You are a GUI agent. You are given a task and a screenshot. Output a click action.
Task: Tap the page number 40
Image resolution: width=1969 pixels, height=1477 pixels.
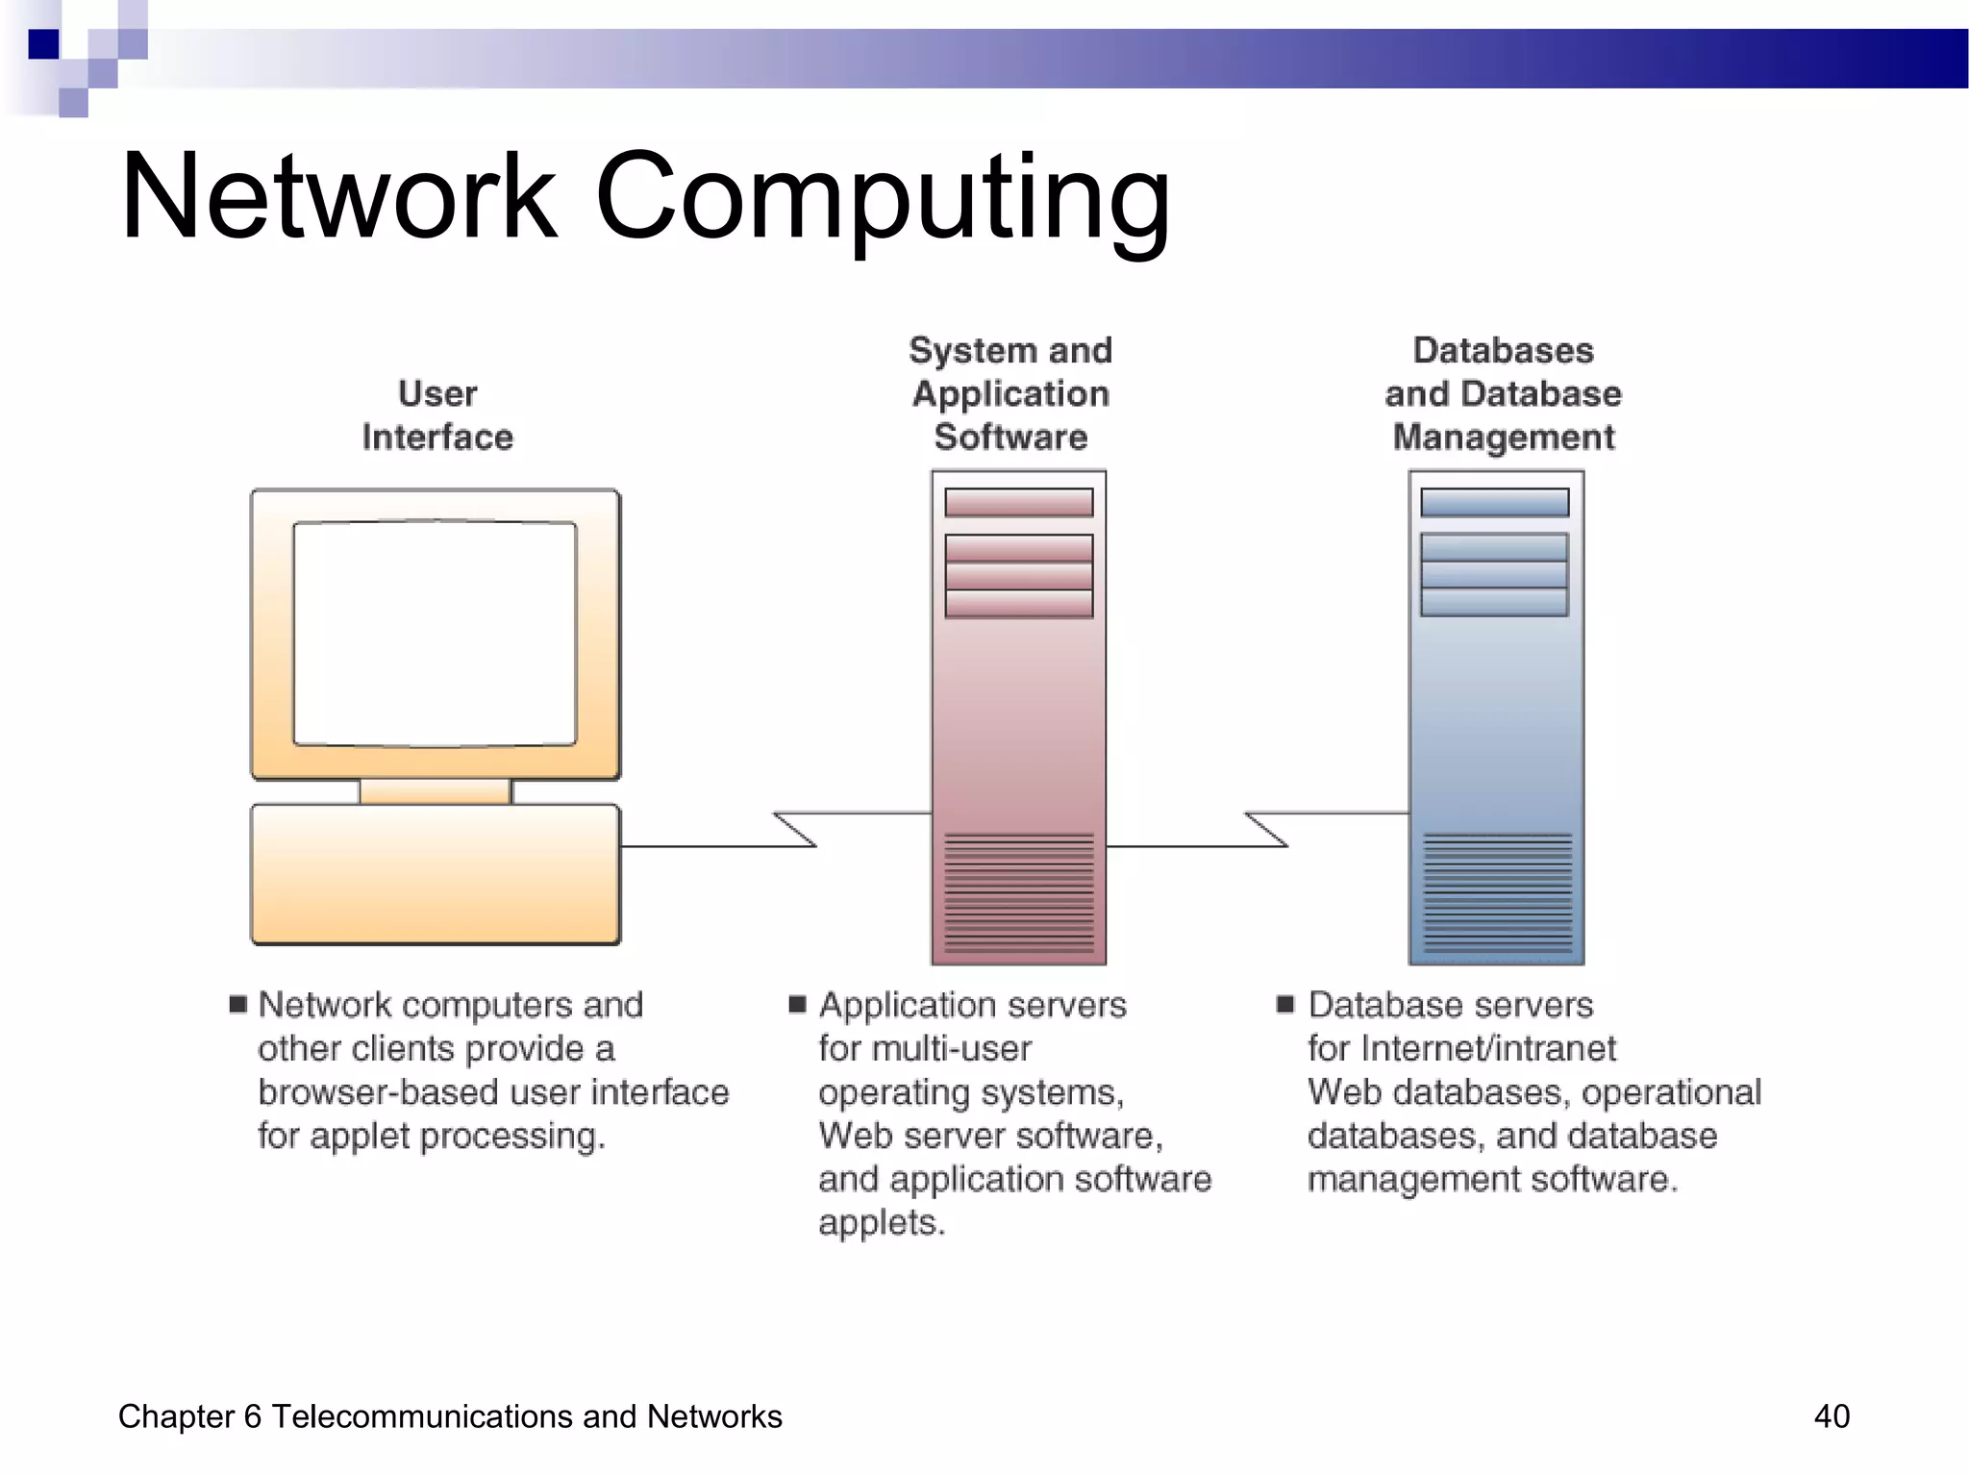tap(1831, 1416)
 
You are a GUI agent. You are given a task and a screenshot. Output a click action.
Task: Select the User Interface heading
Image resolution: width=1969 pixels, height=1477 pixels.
tap(437, 415)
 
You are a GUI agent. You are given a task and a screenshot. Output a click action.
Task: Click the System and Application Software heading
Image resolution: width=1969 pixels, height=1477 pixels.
tap(1010, 393)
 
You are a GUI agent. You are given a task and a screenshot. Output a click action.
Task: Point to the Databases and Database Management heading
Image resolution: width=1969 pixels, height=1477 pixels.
tap(1503, 393)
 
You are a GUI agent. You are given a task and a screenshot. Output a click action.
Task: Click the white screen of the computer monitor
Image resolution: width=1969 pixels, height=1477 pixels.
tap(435, 633)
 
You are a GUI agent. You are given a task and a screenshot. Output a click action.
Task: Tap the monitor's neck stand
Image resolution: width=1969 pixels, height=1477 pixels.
tap(435, 791)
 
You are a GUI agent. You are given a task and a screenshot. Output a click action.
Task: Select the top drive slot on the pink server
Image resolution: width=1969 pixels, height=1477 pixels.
tap(1018, 502)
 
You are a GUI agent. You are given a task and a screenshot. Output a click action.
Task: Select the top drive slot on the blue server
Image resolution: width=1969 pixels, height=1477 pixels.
tap(1494, 502)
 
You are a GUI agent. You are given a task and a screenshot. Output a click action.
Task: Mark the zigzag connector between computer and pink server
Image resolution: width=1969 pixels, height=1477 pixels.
tap(795, 829)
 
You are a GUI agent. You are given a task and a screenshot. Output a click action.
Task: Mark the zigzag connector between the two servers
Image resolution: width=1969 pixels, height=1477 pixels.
tap(1266, 829)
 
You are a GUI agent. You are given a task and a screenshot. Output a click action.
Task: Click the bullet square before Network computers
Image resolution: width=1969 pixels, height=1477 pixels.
tap(238, 1005)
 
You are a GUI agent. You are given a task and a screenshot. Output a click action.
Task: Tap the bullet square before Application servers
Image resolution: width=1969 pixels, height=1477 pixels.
tap(797, 1005)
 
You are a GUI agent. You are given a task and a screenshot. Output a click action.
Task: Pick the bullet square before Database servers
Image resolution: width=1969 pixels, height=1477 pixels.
tap(1285, 1005)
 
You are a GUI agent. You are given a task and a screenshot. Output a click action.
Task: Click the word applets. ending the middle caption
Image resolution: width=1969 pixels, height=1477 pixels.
tap(882, 1223)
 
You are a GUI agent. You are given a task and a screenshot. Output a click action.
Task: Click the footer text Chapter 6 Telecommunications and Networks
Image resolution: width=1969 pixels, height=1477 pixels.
tap(450, 1416)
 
